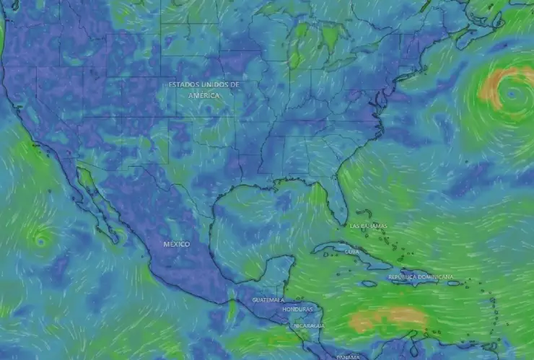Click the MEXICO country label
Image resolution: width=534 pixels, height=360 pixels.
click(176, 244)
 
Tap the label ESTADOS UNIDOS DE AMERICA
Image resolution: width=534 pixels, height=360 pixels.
click(204, 89)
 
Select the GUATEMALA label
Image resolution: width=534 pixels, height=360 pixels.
click(268, 299)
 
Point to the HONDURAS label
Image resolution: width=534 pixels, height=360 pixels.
click(297, 309)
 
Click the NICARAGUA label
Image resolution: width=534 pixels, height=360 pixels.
click(308, 325)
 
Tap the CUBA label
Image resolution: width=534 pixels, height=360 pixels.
click(351, 252)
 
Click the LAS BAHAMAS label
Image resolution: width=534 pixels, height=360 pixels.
click(368, 226)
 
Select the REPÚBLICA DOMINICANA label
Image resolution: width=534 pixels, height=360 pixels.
click(421, 277)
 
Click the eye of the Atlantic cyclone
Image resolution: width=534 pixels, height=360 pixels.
click(512, 94)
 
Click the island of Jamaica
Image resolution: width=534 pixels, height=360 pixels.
click(369, 284)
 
